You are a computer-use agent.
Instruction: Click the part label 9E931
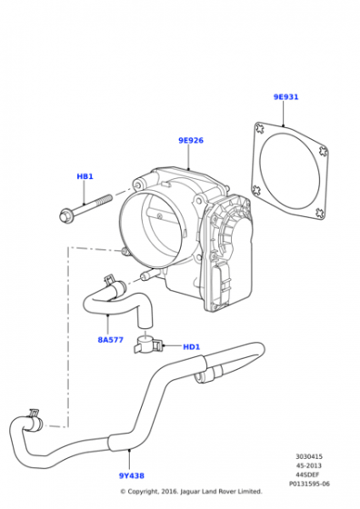pyautogui.click(x=285, y=97)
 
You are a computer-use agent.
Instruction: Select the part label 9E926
pyautogui.click(x=191, y=141)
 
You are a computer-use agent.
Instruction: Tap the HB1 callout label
pyautogui.click(x=85, y=176)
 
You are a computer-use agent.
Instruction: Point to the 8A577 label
pyautogui.click(x=111, y=340)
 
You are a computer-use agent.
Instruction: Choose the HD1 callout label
pyautogui.click(x=192, y=347)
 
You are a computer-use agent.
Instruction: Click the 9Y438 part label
pyautogui.click(x=132, y=476)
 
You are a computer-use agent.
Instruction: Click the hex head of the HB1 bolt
pyautogui.click(x=65, y=215)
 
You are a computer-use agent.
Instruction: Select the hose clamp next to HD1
pyautogui.click(x=147, y=345)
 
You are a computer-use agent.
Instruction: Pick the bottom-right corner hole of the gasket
pyautogui.click(x=320, y=213)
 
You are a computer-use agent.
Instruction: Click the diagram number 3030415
pyautogui.click(x=309, y=456)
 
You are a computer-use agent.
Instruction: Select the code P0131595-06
pyautogui.click(x=309, y=484)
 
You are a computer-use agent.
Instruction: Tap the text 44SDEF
pyautogui.click(x=309, y=474)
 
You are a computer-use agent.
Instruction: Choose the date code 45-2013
pyautogui.click(x=309, y=465)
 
